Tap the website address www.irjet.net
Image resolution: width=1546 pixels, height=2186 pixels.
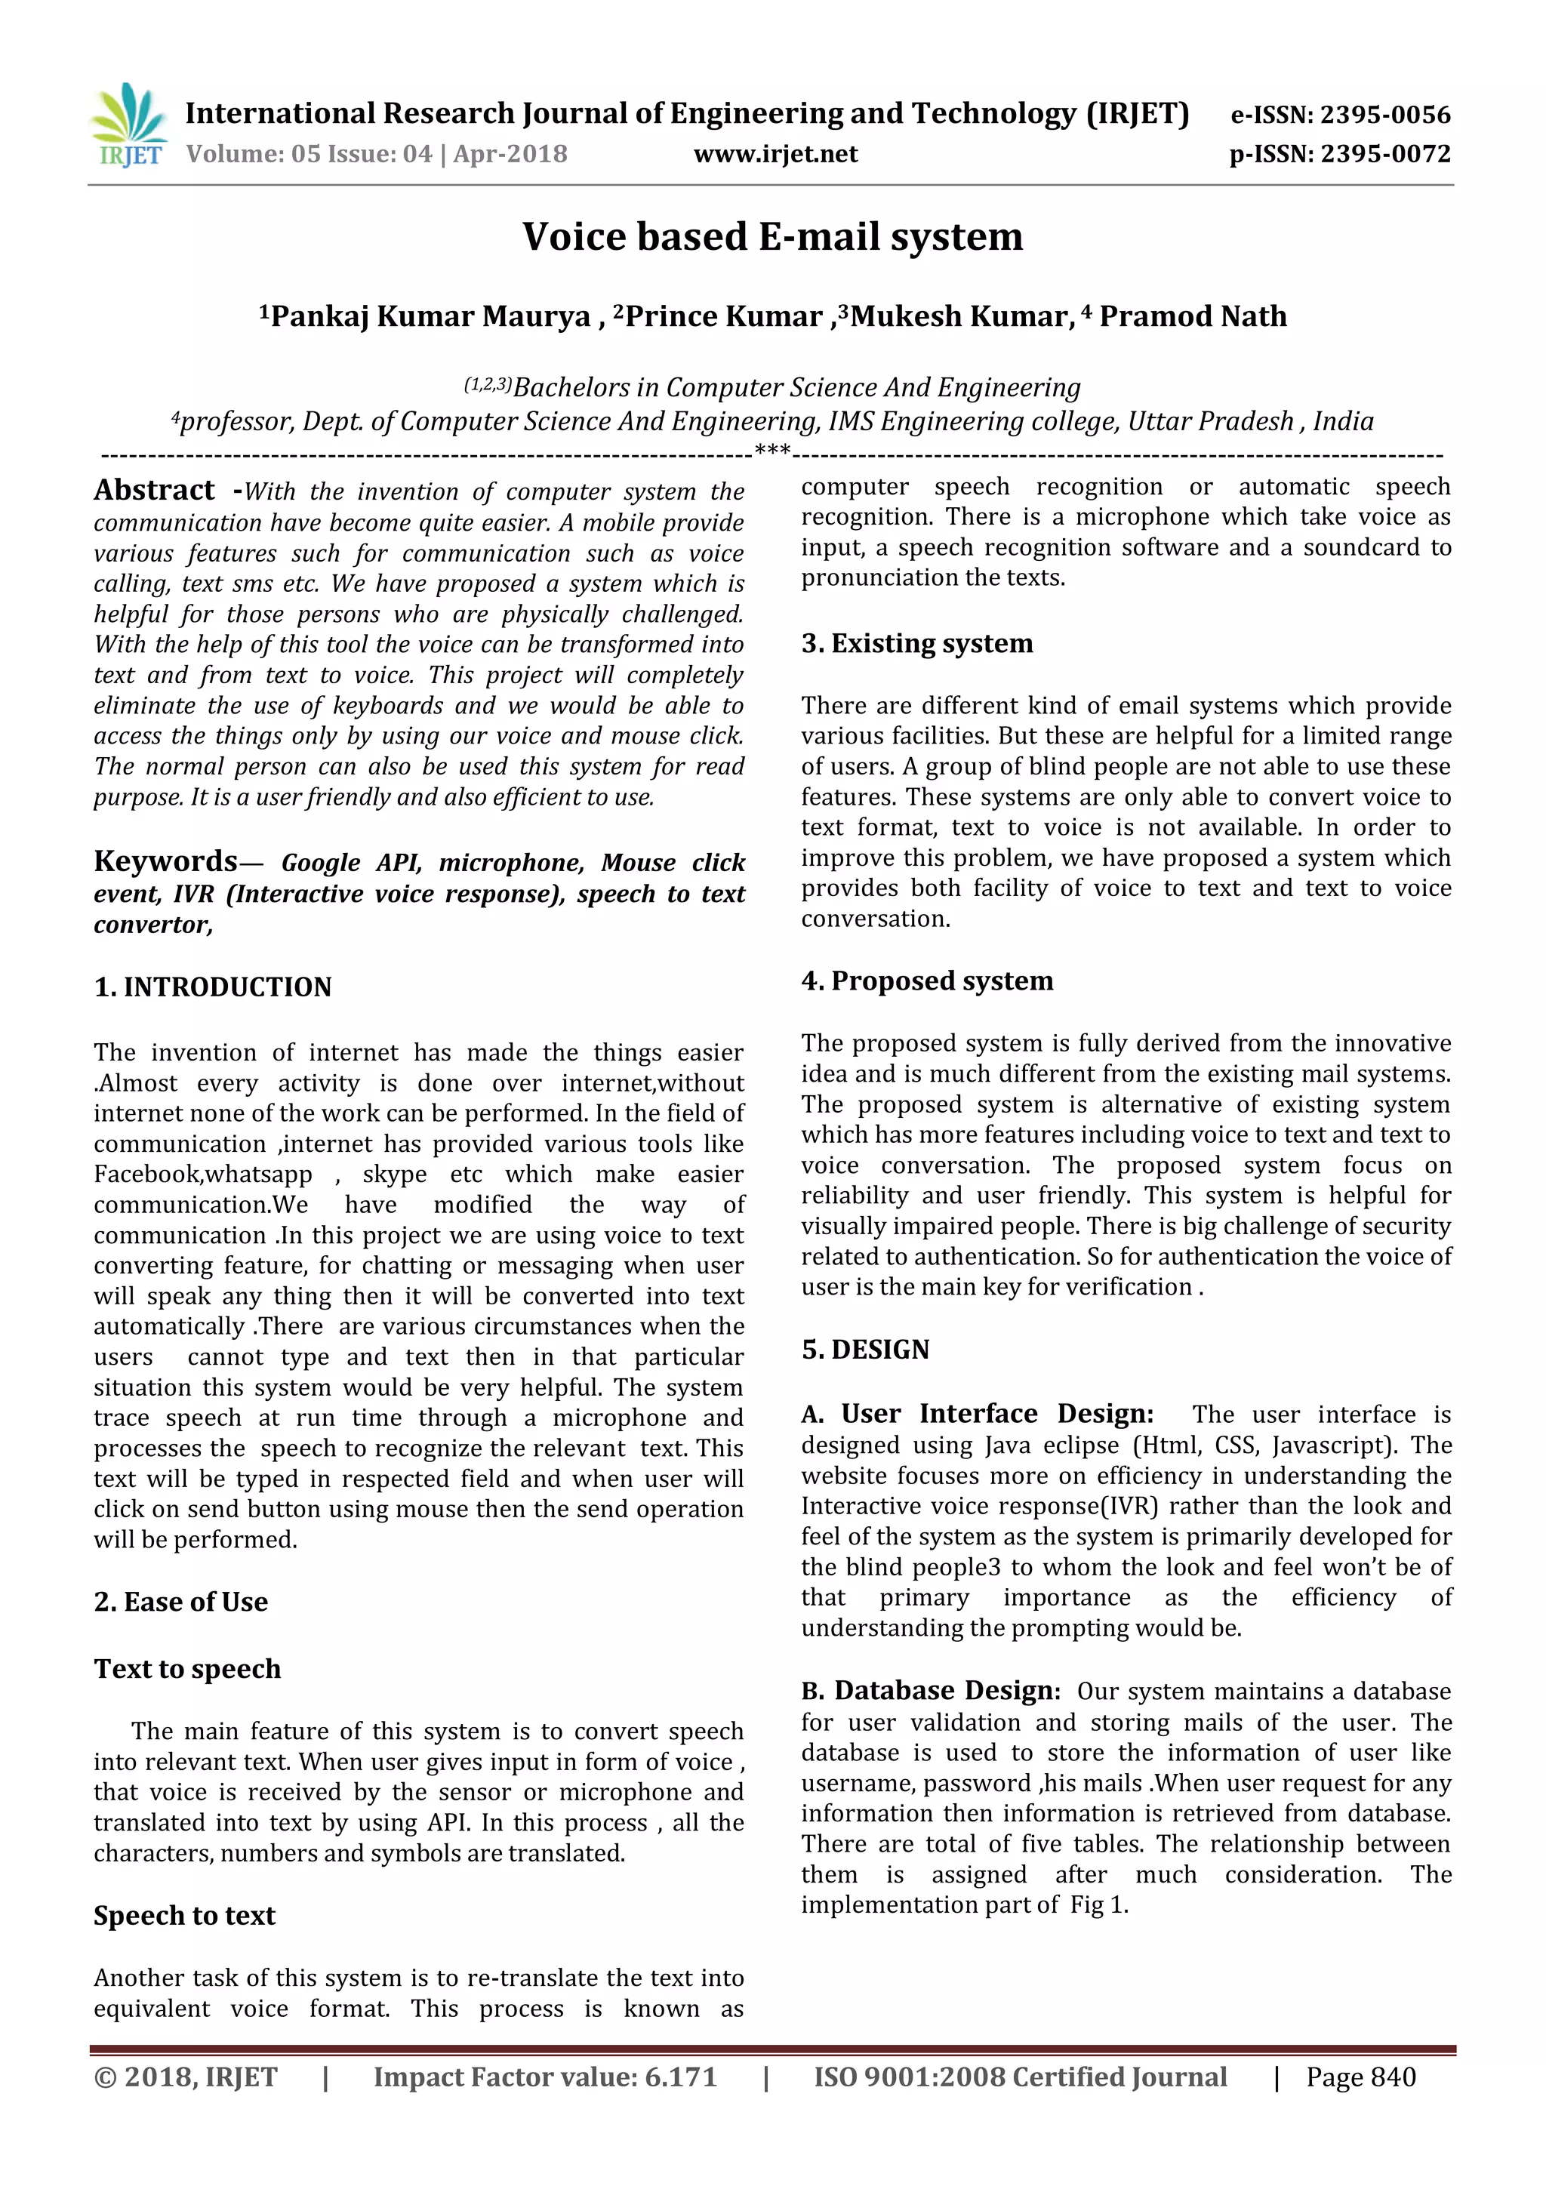775,154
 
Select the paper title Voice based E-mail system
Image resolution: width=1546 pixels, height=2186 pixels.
772,237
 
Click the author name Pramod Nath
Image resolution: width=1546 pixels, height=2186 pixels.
1193,317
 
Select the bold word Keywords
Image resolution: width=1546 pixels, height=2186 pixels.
165,861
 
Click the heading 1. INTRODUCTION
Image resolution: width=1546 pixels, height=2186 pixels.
212,987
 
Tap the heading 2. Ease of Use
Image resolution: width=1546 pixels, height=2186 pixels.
181,1603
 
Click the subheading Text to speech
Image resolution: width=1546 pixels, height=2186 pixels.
187,1669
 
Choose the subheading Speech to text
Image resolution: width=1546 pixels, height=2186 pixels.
185,1916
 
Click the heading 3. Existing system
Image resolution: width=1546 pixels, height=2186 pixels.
916,644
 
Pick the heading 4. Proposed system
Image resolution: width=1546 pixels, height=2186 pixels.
927,981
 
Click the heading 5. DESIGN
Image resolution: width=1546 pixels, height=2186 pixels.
864,1350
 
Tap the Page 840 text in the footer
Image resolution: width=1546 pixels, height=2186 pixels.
1360,2077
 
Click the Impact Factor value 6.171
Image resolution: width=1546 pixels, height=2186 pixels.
679,2077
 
